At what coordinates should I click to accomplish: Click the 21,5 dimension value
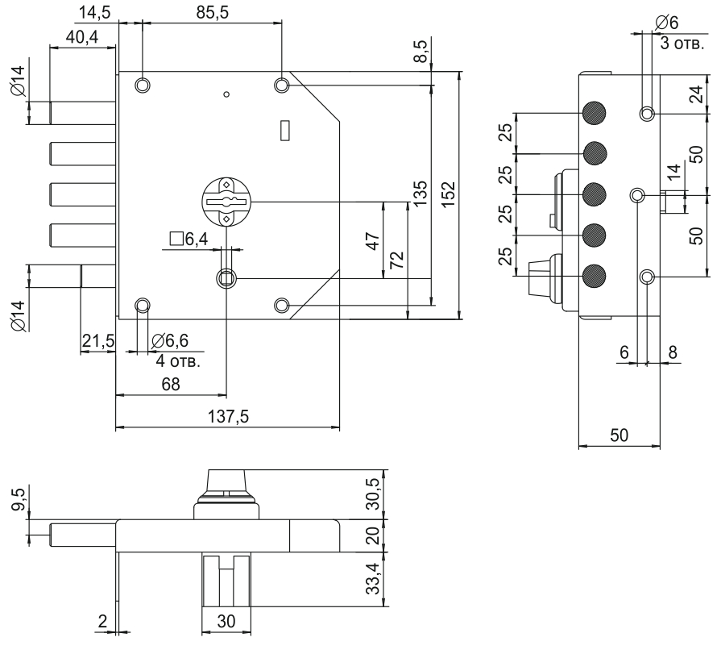(x=97, y=342)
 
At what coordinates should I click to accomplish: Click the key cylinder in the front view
(x=226, y=201)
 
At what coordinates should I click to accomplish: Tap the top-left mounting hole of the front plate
(x=143, y=85)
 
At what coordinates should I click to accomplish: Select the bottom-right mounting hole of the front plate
(x=282, y=305)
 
